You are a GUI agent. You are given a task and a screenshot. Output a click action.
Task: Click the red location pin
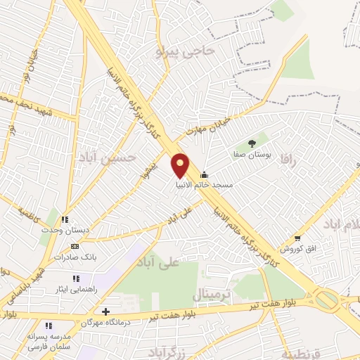click(181, 165)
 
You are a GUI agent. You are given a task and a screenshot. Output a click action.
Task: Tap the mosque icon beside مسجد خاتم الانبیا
click(205, 175)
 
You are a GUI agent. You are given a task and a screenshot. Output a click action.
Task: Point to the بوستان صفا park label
click(252, 153)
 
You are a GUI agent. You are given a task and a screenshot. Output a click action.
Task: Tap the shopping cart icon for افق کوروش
click(297, 238)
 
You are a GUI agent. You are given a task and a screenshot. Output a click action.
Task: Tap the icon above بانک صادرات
click(76, 247)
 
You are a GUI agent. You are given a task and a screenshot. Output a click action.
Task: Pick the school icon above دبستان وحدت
click(65, 219)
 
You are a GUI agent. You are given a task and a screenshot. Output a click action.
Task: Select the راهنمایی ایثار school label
click(74, 289)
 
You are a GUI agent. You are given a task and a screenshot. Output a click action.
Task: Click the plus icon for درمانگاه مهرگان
click(105, 311)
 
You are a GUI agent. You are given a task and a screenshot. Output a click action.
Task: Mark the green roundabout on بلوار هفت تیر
click(326, 300)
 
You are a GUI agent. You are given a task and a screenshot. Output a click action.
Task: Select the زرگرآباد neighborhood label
click(167, 350)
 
